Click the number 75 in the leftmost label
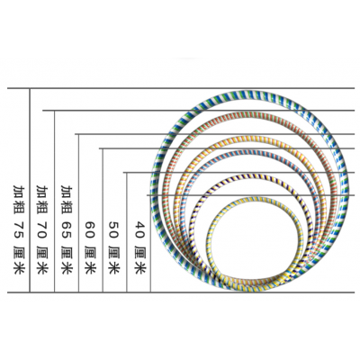point(19,230)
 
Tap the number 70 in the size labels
point(41,230)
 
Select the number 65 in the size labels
point(67,230)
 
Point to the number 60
point(90,230)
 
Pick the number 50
point(113,230)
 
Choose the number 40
point(140,230)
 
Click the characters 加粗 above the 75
point(19,199)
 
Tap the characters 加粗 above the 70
point(41,199)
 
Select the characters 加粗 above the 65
point(67,199)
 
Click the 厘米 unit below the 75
point(19,260)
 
